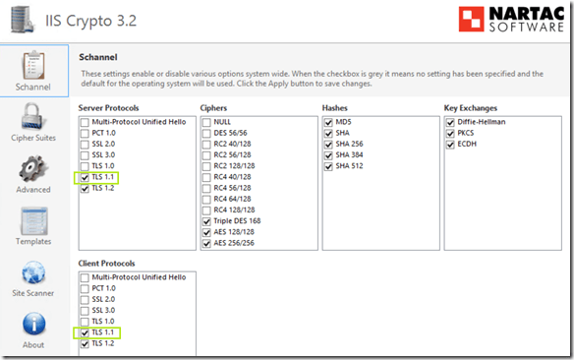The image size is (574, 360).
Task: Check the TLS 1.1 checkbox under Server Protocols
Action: pos(85,178)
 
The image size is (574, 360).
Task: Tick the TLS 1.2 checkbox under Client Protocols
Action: pos(85,344)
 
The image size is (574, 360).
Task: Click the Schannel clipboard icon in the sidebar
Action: pos(33,66)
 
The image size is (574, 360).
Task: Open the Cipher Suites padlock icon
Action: pos(33,117)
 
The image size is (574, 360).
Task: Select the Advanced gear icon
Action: pos(33,169)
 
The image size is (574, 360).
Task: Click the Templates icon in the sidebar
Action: pos(34,221)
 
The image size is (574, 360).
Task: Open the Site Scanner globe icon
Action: pos(33,272)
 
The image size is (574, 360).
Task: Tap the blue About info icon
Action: pos(34,325)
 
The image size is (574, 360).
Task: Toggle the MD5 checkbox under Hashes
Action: pos(328,122)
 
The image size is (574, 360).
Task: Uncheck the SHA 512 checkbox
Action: pos(328,166)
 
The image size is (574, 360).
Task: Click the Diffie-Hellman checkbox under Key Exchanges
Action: pos(450,122)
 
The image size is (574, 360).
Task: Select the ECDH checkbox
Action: pos(450,145)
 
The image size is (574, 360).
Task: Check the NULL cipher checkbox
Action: pos(206,122)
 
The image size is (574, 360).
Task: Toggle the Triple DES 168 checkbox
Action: pos(206,221)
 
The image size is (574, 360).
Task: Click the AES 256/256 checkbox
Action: pos(206,244)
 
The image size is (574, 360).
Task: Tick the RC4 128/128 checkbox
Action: pos(206,210)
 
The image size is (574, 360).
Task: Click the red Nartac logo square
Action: pos(471,19)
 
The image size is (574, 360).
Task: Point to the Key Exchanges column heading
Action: pos(471,108)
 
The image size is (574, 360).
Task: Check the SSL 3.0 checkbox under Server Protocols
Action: pos(85,155)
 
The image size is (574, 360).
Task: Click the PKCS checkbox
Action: pos(450,134)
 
